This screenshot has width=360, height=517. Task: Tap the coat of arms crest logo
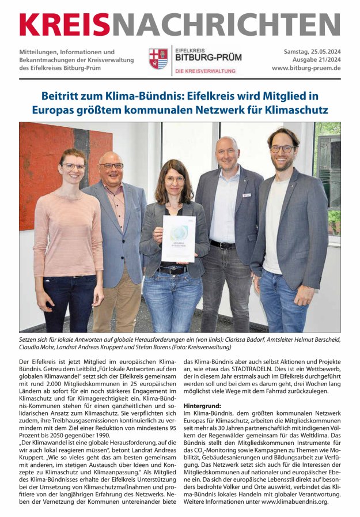158,59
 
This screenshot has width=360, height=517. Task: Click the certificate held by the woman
178,238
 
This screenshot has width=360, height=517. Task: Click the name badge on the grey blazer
247,195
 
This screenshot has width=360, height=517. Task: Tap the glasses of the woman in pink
73,167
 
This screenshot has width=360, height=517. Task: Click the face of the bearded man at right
283,150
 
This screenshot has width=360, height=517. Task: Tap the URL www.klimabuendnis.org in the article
295,501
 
